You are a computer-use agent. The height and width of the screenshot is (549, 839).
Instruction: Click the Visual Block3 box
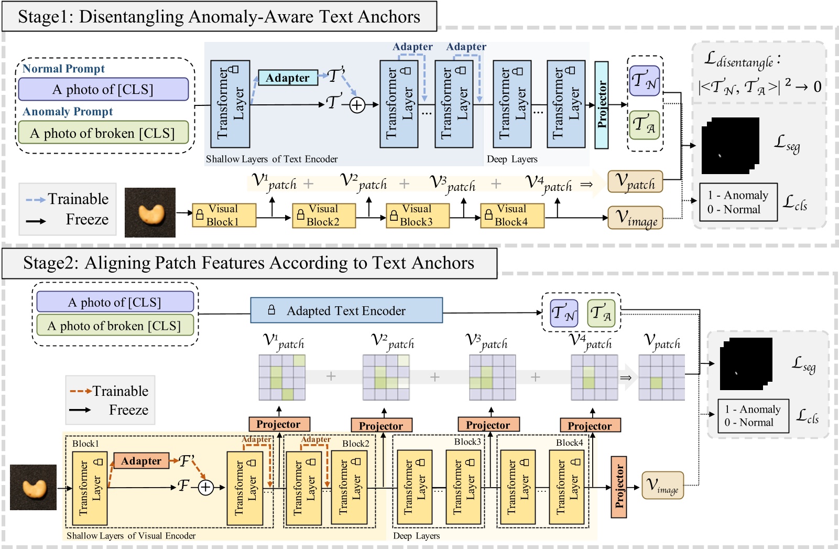[x=417, y=216]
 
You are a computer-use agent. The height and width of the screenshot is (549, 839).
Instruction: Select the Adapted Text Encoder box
[x=346, y=310]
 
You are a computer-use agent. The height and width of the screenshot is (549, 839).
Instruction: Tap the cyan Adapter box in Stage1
[x=288, y=78]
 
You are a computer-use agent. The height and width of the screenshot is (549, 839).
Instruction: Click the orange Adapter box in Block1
[x=141, y=461]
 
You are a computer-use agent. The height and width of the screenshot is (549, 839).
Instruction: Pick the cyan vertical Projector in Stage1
[x=602, y=104]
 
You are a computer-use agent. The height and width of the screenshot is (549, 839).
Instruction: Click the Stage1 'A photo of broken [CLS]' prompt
[x=103, y=133]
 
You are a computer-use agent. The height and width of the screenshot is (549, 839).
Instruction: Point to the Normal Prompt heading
[x=63, y=69]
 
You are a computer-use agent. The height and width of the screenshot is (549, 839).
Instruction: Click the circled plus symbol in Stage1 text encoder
[x=357, y=105]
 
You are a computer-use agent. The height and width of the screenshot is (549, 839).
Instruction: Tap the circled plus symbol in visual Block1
[x=205, y=488]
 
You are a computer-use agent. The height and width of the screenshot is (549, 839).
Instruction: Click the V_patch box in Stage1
[x=635, y=182]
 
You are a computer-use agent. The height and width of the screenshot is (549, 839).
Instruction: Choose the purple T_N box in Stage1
[x=644, y=81]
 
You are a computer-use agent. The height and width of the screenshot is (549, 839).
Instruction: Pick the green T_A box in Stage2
[x=601, y=313]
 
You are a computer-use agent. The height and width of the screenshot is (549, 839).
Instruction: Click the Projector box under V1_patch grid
[x=279, y=424]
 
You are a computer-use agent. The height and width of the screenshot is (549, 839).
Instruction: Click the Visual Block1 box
[x=224, y=216]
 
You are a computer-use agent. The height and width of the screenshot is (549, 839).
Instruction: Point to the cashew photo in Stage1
[x=150, y=213]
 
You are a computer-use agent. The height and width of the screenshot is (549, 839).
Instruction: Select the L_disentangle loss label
[x=742, y=61]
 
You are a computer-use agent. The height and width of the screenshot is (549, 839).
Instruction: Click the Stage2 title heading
[x=249, y=263]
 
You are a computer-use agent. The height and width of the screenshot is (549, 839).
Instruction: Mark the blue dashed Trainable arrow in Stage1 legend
[x=35, y=200]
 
